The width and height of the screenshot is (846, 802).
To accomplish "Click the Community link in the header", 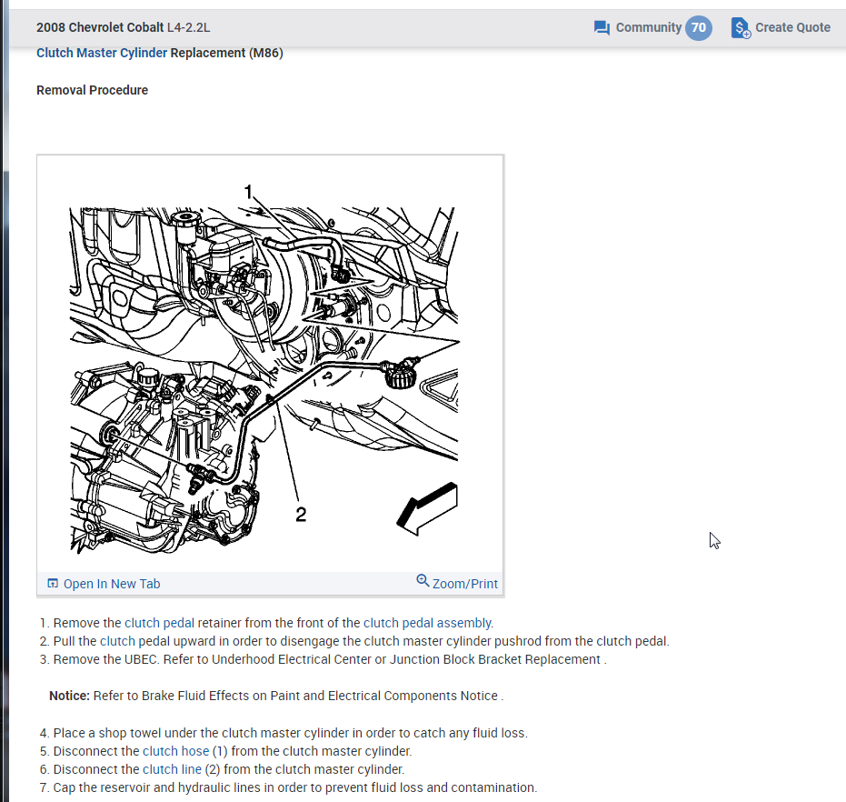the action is pyautogui.click(x=649, y=27).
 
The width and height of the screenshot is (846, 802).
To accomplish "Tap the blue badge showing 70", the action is pyautogui.click(x=699, y=27).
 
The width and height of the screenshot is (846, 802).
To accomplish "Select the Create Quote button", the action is pyautogui.click(x=781, y=27).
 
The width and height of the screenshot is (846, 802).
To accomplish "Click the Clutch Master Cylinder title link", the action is pyautogui.click(x=102, y=53).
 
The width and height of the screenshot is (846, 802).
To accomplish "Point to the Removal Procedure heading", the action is pyautogui.click(x=93, y=90).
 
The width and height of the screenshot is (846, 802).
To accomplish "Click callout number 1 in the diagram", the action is pyautogui.click(x=248, y=192).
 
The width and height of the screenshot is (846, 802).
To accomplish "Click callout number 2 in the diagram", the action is pyautogui.click(x=301, y=514).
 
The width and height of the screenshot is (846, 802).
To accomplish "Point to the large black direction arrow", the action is pyautogui.click(x=427, y=508).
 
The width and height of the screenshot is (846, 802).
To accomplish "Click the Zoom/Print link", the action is pyautogui.click(x=465, y=584).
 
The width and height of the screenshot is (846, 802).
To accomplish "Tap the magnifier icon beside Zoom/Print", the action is pyautogui.click(x=423, y=581).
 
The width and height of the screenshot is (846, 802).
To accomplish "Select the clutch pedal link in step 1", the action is pyautogui.click(x=159, y=623).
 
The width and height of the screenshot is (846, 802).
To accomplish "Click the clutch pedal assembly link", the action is pyautogui.click(x=427, y=623).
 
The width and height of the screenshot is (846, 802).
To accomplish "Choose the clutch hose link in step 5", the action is pyautogui.click(x=176, y=751).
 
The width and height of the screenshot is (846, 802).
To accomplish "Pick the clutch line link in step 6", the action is pyautogui.click(x=172, y=769).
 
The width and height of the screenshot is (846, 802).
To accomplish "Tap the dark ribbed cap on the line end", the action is pyautogui.click(x=400, y=376).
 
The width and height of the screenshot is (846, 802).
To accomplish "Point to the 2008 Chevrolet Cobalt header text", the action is pyautogui.click(x=100, y=27).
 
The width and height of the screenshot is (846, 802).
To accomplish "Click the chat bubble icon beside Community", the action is pyautogui.click(x=602, y=27).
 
